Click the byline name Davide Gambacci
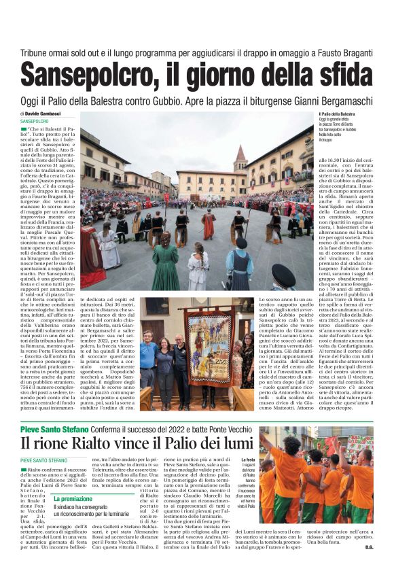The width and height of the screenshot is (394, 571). click(46, 114)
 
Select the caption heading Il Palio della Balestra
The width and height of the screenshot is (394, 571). click(336, 114)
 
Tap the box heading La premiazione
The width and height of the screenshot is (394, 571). click(73, 500)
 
